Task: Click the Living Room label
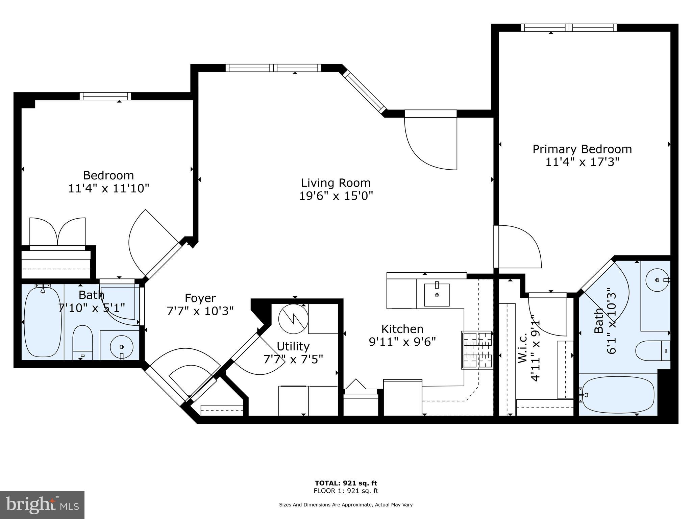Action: (336, 183)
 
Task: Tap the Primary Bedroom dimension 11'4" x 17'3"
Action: (582, 162)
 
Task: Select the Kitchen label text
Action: (402, 329)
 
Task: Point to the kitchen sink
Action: (437, 295)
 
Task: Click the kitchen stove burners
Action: (477, 350)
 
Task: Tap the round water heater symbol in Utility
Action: (293, 319)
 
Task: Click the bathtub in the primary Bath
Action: (618, 395)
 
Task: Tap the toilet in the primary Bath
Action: (652, 351)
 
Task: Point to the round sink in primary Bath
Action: (657, 280)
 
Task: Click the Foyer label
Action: (200, 298)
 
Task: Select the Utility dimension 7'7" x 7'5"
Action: (293, 359)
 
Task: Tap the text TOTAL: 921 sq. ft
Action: (346, 483)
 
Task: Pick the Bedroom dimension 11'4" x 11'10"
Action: (108, 188)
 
